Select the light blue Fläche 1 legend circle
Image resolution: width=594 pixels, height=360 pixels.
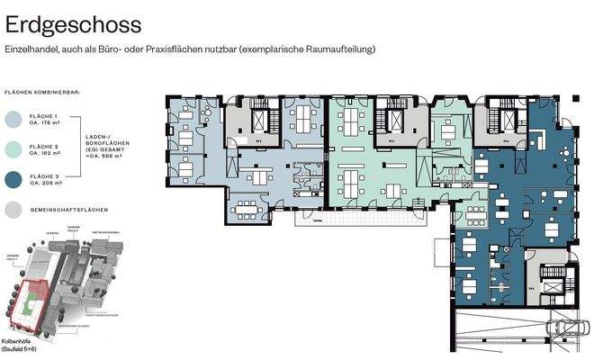(15, 120)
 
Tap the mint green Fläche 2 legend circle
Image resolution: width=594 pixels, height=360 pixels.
(15, 149)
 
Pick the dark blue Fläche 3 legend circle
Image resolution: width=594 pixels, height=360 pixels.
(15, 179)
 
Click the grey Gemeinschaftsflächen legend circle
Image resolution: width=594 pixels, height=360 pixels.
(15, 209)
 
